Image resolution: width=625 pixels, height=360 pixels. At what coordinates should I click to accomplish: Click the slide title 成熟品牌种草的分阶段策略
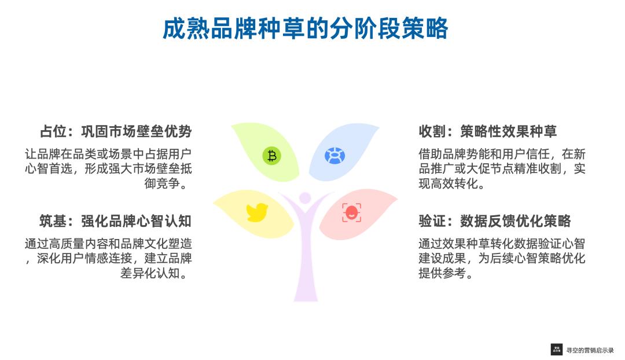click(x=305, y=29)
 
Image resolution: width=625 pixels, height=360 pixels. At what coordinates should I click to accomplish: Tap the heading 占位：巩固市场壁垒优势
click(x=116, y=131)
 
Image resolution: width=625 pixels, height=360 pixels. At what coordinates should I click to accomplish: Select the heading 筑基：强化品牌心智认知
click(x=116, y=221)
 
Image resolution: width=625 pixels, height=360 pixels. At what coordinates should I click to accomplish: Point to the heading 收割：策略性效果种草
click(x=488, y=131)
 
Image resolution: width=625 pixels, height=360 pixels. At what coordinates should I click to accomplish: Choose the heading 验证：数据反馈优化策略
click(x=495, y=221)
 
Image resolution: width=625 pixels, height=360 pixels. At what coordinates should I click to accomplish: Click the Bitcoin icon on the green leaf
click(x=271, y=156)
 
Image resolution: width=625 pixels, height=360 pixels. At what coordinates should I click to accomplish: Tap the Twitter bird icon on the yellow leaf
click(x=257, y=212)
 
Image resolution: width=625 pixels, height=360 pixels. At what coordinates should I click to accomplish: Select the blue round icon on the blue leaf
click(x=334, y=156)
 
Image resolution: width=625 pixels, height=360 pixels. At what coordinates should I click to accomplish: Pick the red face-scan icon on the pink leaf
click(x=351, y=212)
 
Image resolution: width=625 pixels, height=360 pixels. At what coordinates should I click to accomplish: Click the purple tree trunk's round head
click(x=305, y=198)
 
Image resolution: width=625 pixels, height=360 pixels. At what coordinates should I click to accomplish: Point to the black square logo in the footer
click(x=557, y=350)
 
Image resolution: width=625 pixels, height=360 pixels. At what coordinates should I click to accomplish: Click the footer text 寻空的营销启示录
click(x=590, y=350)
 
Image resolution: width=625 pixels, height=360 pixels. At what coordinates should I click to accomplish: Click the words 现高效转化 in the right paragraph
click(x=447, y=185)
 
